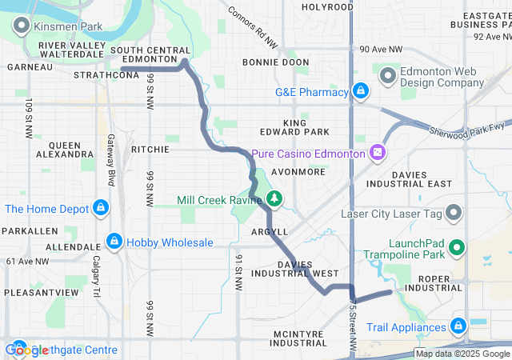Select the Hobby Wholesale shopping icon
115,242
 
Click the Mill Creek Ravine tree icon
274,198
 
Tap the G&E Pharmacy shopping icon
361,92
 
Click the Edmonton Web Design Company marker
389,77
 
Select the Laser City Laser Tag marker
454,214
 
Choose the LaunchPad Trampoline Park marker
457,247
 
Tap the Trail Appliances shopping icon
458,326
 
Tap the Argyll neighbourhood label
270,231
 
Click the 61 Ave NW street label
26,262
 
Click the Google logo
28,350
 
